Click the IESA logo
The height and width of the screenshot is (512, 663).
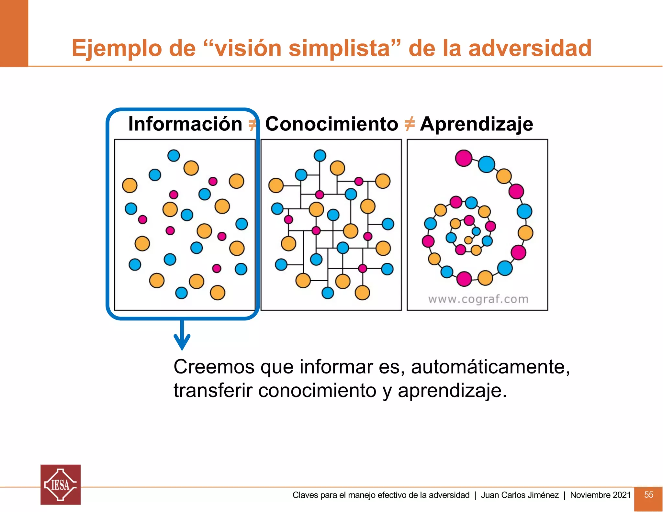61,484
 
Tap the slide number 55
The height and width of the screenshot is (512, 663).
648,495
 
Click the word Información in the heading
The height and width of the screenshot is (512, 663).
185,124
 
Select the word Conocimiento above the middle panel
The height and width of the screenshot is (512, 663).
331,124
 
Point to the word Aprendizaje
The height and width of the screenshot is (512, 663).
476,124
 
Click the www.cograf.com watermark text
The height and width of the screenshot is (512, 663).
478,299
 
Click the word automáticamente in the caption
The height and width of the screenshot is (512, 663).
490,367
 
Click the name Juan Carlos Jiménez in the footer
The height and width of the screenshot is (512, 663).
520,495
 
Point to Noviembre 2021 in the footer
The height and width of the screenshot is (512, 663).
600,495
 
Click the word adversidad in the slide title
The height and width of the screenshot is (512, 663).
530,48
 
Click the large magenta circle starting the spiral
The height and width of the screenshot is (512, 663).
464,158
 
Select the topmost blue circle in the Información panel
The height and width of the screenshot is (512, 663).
174,155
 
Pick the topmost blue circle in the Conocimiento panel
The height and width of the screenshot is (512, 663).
320,155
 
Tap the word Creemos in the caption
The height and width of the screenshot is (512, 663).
214,367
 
